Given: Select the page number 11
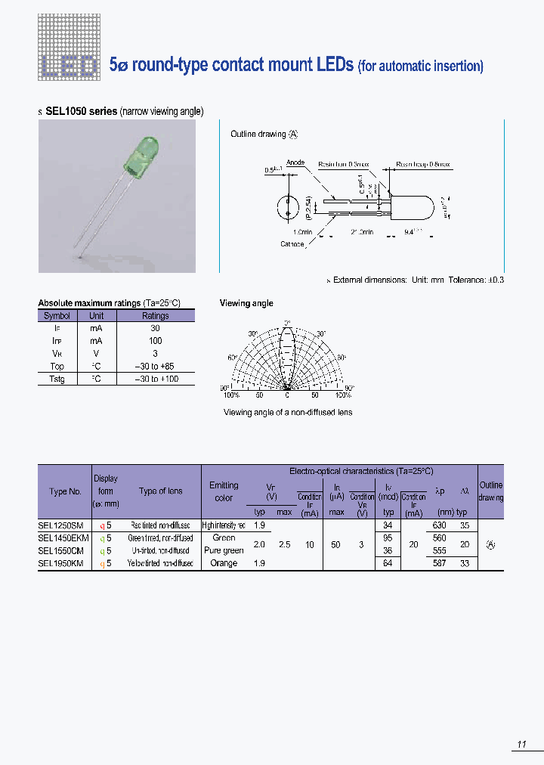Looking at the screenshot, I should pyautogui.click(x=521, y=745).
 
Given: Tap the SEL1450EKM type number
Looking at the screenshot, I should pyautogui.click(x=63, y=537).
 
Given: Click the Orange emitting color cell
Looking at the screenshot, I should pyautogui.click(x=224, y=563).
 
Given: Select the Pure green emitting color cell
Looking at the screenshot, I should pyautogui.click(x=224, y=550).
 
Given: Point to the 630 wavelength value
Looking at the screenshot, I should pyautogui.click(x=440, y=525).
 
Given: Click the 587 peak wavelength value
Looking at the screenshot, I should pyautogui.click(x=440, y=563).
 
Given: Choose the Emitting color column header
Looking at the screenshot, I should pyautogui.click(x=224, y=491).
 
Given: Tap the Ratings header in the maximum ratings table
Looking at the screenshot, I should pyautogui.click(x=156, y=316).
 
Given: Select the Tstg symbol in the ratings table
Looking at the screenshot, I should pyautogui.click(x=57, y=379).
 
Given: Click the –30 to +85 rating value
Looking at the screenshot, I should pyautogui.click(x=156, y=367).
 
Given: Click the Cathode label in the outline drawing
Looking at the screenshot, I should pyautogui.click(x=292, y=244).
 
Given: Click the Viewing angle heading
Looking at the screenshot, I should pyautogui.click(x=246, y=303).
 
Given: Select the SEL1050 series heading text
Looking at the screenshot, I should pyautogui.click(x=81, y=111).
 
